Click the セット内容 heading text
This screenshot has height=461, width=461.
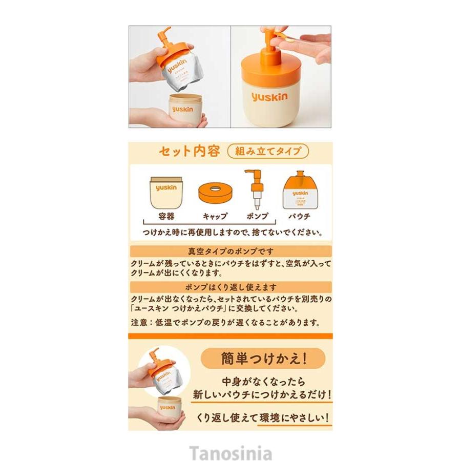coord(190,152)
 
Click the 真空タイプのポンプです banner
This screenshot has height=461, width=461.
coord(230,251)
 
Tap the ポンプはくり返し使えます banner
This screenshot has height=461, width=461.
coord(230,287)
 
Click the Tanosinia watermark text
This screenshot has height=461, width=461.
coord(230,453)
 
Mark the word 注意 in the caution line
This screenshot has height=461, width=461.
coord(141,323)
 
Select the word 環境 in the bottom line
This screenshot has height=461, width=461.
coord(275,417)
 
